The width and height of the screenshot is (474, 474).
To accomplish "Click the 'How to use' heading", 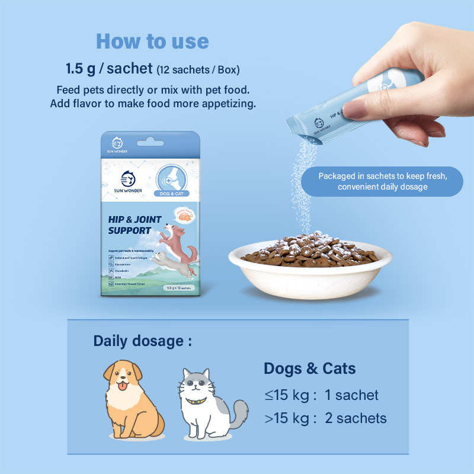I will click(152, 41).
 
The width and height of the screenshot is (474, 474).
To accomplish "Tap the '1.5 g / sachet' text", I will click(110, 68).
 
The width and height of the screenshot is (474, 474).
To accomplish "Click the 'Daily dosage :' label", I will click(143, 341).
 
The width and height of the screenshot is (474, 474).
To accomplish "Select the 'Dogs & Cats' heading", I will click(310, 369).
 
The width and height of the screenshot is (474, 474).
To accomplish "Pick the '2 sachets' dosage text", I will click(355, 418).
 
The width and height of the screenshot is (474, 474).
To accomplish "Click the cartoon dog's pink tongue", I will click(123, 387).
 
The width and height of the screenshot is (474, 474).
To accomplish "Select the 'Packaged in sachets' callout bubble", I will click(382, 181).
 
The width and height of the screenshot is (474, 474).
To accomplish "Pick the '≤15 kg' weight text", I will click(287, 395).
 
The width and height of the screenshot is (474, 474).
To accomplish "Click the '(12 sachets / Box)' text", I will click(198, 69).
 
